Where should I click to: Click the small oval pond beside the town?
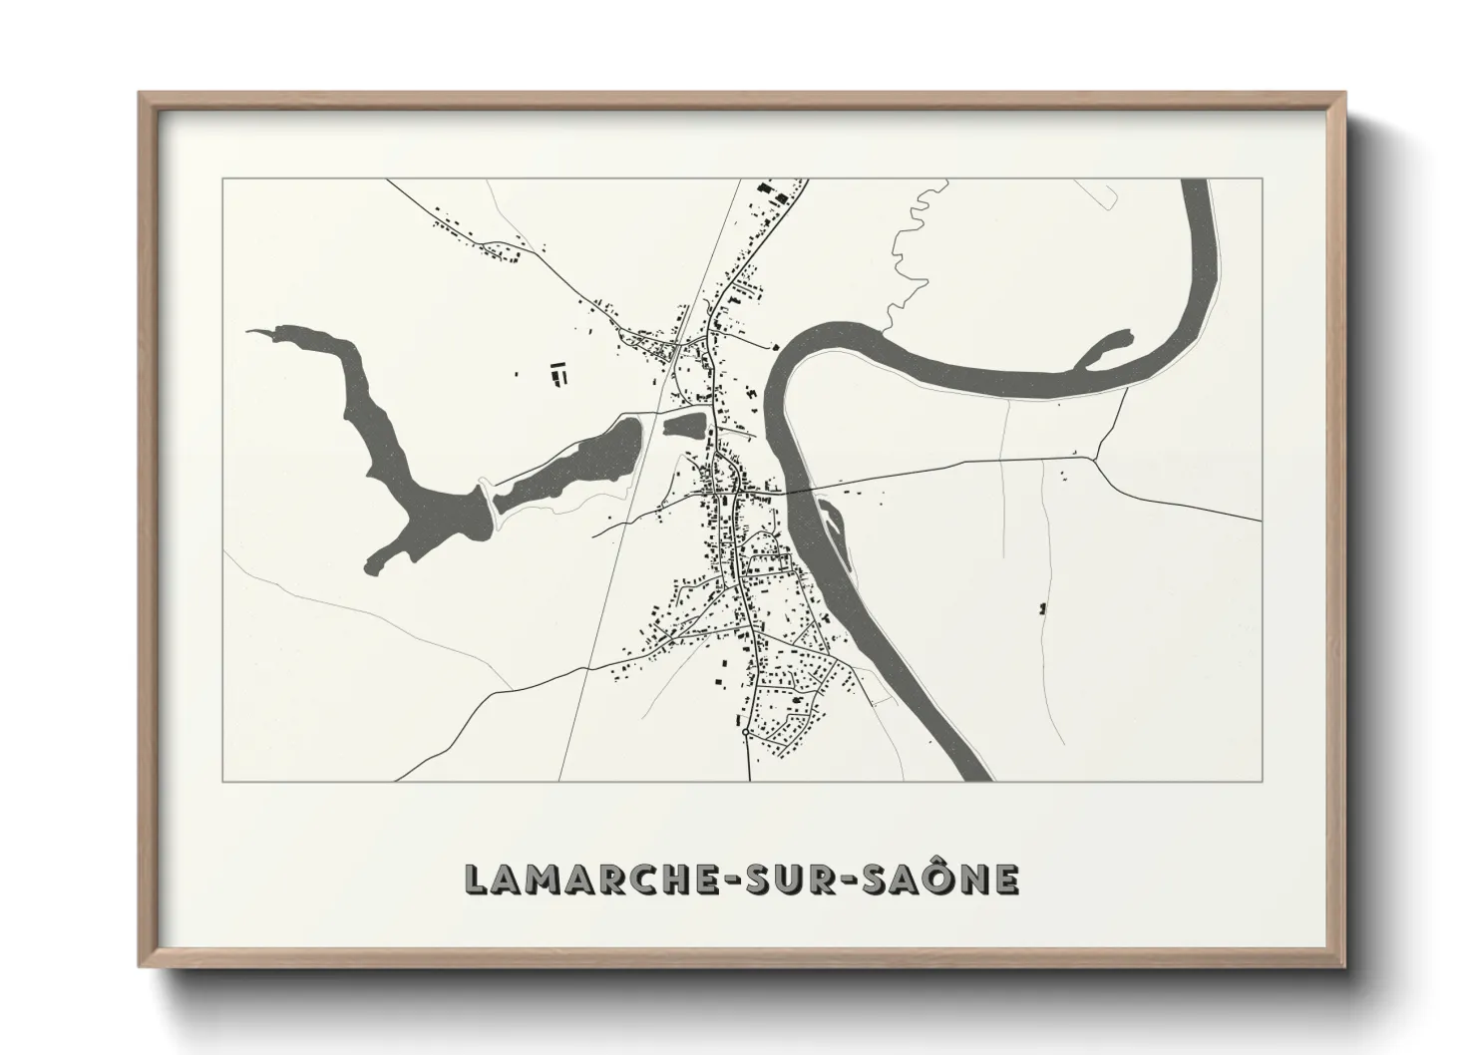pyautogui.click(x=684, y=426)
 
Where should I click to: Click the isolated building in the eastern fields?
pyautogui.click(x=1043, y=606)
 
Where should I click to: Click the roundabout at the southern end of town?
pyautogui.click(x=746, y=733)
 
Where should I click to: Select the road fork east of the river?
pyautogui.click(x=1096, y=459)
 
